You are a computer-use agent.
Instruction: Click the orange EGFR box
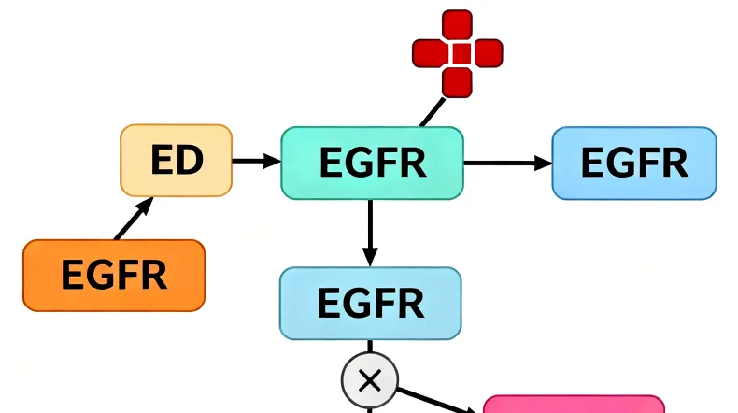coord(113,275)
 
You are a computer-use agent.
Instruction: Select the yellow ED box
coord(176,161)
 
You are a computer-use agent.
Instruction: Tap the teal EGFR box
coord(372,163)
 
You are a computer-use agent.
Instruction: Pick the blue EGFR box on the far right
coord(634,163)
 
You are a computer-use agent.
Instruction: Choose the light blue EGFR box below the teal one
coord(370,303)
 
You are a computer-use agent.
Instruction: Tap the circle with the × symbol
coord(370,379)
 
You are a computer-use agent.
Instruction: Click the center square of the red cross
coord(458,52)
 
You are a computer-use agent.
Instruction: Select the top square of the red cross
coord(458,24)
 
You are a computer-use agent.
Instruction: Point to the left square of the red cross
coord(428,52)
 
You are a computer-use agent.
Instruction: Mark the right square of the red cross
coord(487,52)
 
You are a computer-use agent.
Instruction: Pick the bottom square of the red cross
coord(458,81)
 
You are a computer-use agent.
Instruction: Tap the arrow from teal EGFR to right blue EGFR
coord(507,163)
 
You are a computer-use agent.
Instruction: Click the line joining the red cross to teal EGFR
coord(432,111)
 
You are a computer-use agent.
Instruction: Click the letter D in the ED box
coord(191,161)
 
